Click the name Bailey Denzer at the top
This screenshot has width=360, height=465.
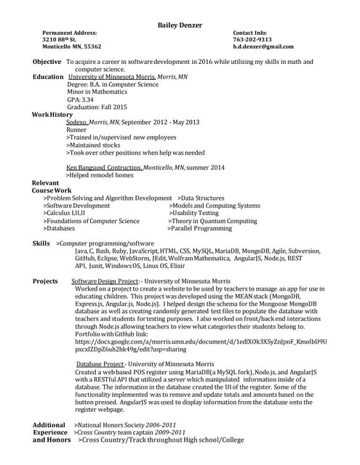click(x=180, y=26)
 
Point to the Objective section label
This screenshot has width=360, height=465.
click(x=47, y=62)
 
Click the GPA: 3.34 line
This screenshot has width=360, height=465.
click(x=80, y=99)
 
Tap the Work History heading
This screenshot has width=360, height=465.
click(x=52, y=115)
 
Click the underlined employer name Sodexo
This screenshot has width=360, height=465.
click(x=77, y=122)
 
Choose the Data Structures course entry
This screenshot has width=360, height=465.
click(x=201, y=198)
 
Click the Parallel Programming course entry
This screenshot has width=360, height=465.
click(x=200, y=228)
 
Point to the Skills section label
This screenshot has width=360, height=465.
click(x=41, y=243)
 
